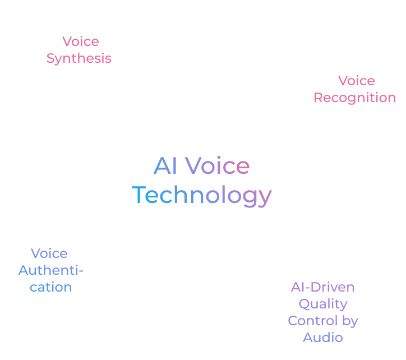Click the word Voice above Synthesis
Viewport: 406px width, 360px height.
pyautogui.click(x=81, y=41)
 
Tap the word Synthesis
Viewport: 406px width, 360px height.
pyautogui.click(x=79, y=58)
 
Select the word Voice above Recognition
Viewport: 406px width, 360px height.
pyautogui.click(x=357, y=81)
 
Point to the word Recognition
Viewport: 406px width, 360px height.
pyautogui.click(x=355, y=98)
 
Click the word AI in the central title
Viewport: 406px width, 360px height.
pyautogui.click(x=165, y=165)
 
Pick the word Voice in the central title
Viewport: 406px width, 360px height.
pyautogui.click(x=217, y=165)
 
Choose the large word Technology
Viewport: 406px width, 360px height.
pyautogui.click(x=202, y=196)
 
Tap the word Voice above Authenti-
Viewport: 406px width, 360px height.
pyautogui.click(x=49, y=253)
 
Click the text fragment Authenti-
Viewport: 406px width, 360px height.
pyautogui.click(x=50, y=270)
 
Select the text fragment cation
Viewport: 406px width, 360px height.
pyautogui.click(x=50, y=287)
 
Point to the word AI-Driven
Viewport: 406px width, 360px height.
pyautogui.click(x=322, y=287)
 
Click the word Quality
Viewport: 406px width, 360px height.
pyautogui.click(x=323, y=304)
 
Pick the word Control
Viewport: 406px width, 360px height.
pyautogui.click(x=313, y=321)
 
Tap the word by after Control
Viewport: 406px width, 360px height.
pyautogui.click(x=350, y=321)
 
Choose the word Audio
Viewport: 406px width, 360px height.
pyautogui.click(x=323, y=338)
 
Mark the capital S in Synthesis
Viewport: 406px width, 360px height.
pyautogui.click(x=50, y=58)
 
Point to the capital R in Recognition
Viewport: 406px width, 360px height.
pyautogui.click(x=319, y=98)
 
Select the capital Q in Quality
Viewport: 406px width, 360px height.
pyautogui.click(x=304, y=304)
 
